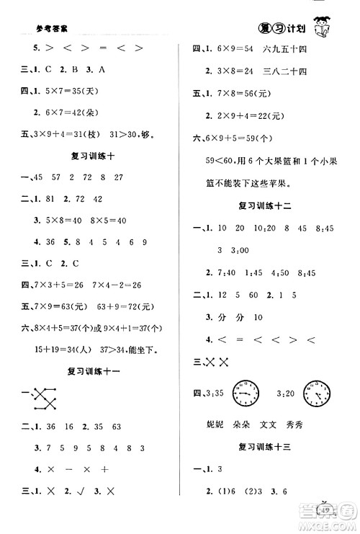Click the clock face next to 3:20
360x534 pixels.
pyautogui.click(x=318, y=393)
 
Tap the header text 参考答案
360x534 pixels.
pyautogui.click(x=50, y=31)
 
